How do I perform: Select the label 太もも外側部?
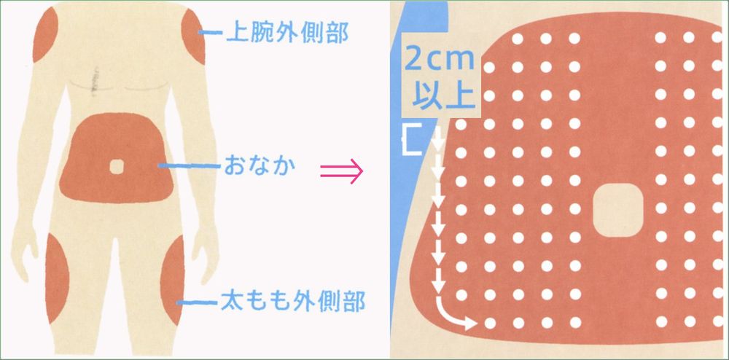coord(292,301)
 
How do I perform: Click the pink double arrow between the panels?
coord(342,173)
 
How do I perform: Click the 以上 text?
coord(440,95)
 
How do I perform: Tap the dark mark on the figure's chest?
coord(93,82)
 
